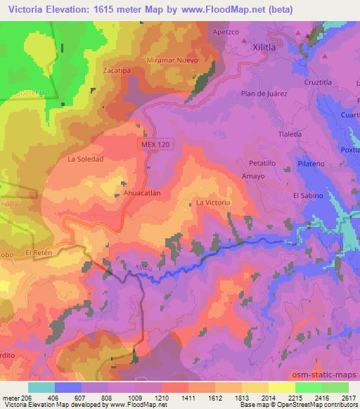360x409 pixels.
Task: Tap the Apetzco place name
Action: (x=227, y=32)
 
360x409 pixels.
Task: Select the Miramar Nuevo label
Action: (x=172, y=60)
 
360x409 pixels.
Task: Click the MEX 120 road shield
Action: (x=153, y=143)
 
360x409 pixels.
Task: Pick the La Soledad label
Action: (x=85, y=160)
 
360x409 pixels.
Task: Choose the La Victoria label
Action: (x=213, y=202)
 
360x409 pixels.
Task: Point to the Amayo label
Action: (x=252, y=176)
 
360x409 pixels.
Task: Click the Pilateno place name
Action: (x=309, y=163)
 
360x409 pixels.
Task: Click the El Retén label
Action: (x=38, y=252)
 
